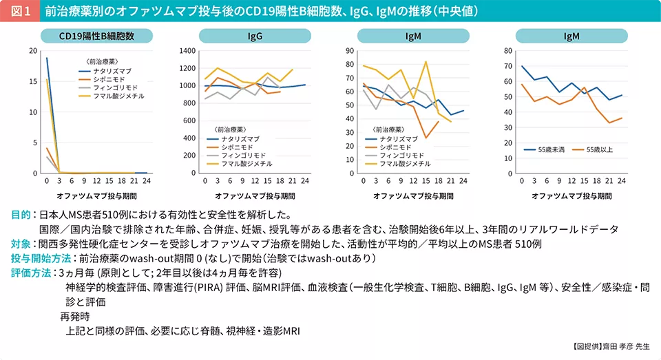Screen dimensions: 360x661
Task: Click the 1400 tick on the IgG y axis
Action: pos(187,51)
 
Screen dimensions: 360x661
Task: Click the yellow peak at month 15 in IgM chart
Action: pos(426,62)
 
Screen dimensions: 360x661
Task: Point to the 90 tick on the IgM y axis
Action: pos(350,51)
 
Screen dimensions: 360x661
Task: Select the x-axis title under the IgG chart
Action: pos(255,195)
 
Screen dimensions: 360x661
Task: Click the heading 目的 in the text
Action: pos(21,215)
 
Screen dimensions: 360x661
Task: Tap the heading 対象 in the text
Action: pos(21,244)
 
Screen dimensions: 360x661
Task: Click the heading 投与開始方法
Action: pos(41,258)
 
